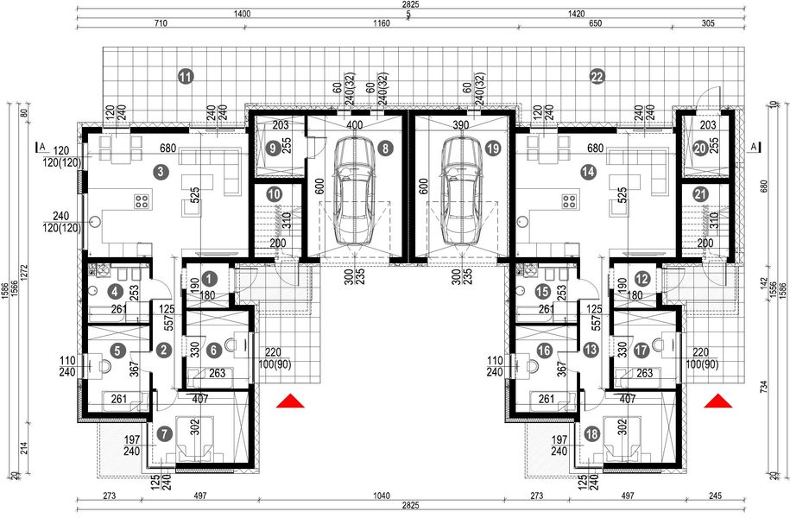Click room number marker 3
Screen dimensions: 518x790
162,173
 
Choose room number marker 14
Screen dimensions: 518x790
588,173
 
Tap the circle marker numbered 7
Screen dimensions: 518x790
165,433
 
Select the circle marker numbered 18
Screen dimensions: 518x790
591,433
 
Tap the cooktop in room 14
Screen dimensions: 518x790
569,202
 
